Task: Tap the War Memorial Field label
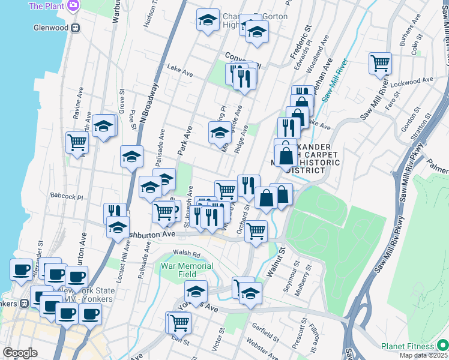point(187,270)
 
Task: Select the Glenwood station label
point(51,27)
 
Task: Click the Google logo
point(20,353)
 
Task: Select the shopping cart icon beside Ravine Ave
point(77,142)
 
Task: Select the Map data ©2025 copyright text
point(426,356)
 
